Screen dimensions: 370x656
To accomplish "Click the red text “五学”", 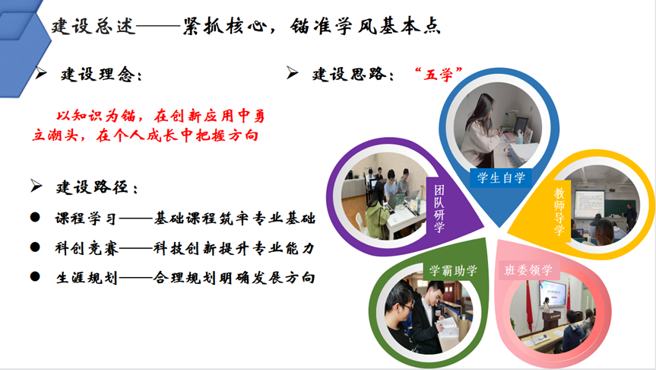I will (x=439, y=75).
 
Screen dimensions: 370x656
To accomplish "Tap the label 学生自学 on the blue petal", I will (x=501, y=177).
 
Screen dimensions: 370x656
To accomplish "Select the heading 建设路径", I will (x=97, y=187).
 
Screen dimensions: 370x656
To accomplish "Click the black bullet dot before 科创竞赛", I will (x=35, y=247).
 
